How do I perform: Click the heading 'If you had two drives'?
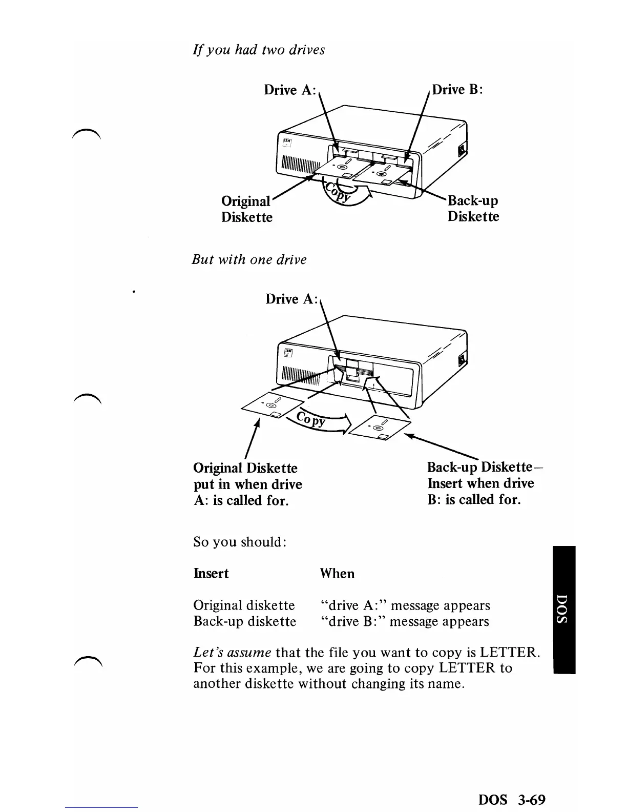tap(258, 50)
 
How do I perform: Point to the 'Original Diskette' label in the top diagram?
tap(247, 209)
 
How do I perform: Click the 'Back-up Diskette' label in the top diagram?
tap(473, 208)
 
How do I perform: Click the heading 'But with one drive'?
tap(249, 259)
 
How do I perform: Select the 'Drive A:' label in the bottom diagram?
tap(291, 299)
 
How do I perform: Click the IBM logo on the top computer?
tap(286, 143)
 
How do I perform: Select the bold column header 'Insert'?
tap(211, 573)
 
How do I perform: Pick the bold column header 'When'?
tap(337, 573)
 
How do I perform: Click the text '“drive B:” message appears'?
tap(404, 622)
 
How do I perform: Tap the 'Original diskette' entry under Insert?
tap(244, 605)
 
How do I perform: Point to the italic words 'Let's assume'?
tap(232, 653)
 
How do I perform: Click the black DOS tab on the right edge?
tap(564, 610)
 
